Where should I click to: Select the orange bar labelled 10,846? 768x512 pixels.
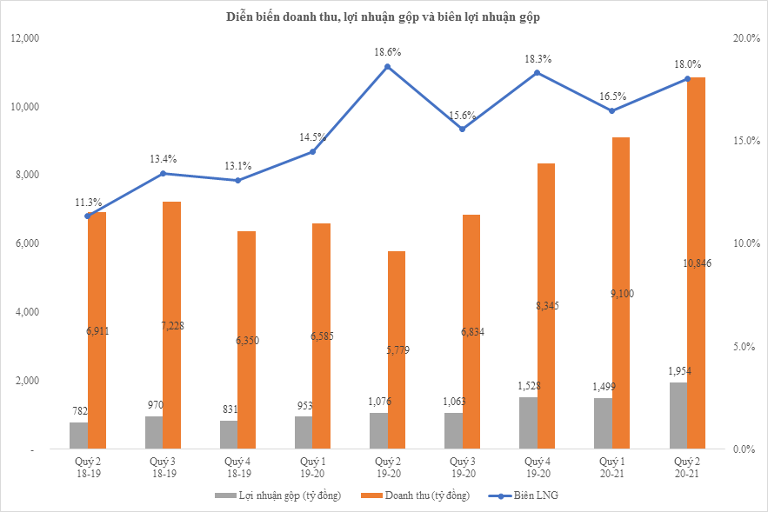(x=696, y=261)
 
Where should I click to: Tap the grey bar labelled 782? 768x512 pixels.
(x=78, y=436)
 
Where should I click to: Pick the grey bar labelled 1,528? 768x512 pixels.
(x=528, y=423)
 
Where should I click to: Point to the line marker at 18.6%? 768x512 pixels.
(x=388, y=67)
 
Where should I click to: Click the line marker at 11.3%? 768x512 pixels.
(x=88, y=216)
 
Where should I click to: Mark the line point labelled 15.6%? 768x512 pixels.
(x=462, y=129)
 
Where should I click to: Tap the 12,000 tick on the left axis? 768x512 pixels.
(x=25, y=38)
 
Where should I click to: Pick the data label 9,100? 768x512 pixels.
(x=621, y=294)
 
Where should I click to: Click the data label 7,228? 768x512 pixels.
(x=172, y=326)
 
